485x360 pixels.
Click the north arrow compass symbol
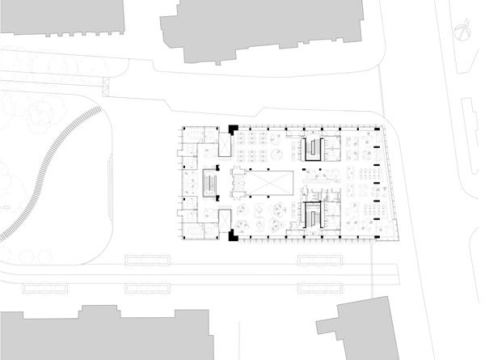point(462,34)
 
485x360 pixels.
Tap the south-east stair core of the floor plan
point(312,214)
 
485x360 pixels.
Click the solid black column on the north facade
point(233,129)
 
